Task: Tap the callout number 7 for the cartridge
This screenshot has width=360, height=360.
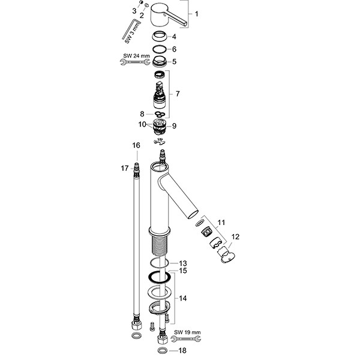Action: coord(177,94)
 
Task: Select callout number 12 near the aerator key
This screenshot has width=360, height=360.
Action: coord(235,238)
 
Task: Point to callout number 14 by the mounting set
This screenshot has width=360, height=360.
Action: coord(184,297)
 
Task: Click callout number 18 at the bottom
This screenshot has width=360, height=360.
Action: coord(183,350)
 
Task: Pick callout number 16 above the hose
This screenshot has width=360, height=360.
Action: coord(136,146)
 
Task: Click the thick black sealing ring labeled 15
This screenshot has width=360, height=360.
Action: coord(158,277)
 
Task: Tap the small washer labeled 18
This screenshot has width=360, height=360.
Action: coord(163,350)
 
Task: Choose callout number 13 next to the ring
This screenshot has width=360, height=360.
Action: coord(183,263)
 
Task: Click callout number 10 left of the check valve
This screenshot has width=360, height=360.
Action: coord(142,124)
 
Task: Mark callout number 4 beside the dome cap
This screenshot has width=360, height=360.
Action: coord(173,37)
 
